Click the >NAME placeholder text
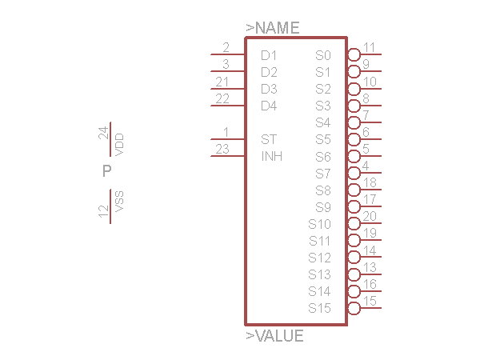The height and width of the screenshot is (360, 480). pyautogui.click(x=273, y=28)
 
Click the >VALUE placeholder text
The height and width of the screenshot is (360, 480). pyautogui.click(x=274, y=336)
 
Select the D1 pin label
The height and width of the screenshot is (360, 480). pyautogui.click(x=269, y=56)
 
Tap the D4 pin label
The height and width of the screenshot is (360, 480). pyautogui.click(x=269, y=106)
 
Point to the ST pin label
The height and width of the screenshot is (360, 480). pyautogui.click(x=269, y=139)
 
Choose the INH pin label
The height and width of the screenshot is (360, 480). pyautogui.click(x=272, y=156)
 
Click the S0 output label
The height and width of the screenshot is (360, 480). pyautogui.click(x=322, y=56)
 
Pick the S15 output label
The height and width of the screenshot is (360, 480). pyautogui.click(x=319, y=308)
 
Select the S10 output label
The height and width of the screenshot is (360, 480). pyautogui.click(x=319, y=224)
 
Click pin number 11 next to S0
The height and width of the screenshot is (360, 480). pyautogui.click(x=370, y=47)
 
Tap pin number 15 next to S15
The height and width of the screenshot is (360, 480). pyautogui.click(x=370, y=301)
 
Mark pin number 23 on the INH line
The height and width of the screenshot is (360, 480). pyautogui.click(x=223, y=149)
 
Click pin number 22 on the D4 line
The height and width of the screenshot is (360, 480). pyautogui.click(x=223, y=98)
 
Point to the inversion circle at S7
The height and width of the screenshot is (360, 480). pyautogui.click(x=354, y=173)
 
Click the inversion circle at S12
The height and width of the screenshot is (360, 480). pyautogui.click(x=354, y=257)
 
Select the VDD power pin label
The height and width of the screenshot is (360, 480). pyautogui.click(x=119, y=144)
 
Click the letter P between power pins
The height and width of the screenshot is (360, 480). pyautogui.click(x=106, y=171)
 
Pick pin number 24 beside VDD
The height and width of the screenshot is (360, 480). pyautogui.click(x=103, y=133)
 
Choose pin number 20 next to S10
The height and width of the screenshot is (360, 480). pyautogui.click(x=370, y=216)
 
